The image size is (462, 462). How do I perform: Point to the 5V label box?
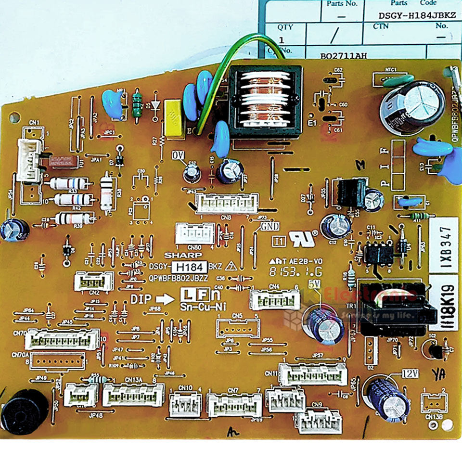315,284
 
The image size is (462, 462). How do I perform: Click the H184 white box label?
191,267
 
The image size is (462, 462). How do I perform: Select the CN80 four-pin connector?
188,234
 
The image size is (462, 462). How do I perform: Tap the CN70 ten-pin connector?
63,339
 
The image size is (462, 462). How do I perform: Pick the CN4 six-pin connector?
272,300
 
